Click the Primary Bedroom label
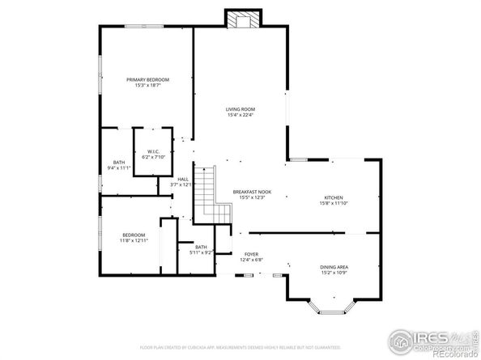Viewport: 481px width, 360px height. [x=147, y=79]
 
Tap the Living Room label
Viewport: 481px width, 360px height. [x=240, y=109]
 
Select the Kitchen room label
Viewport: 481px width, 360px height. [x=334, y=197]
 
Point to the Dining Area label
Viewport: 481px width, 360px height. [x=334, y=266]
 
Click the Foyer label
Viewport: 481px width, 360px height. [x=251, y=254]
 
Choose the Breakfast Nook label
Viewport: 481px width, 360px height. [x=252, y=192]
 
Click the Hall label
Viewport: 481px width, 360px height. [x=183, y=179]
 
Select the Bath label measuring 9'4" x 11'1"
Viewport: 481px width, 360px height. [x=119, y=163]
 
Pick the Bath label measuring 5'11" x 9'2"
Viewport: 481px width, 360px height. [x=201, y=247]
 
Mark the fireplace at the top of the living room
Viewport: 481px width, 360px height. [x=240, y=19]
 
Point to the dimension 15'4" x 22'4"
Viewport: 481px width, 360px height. [x=240, y=115]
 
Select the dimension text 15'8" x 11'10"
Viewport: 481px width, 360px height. [x=334, y=203]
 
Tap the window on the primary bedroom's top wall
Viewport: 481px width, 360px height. [x=147, y=27]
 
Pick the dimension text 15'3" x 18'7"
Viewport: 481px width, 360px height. [x=147, y=85]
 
